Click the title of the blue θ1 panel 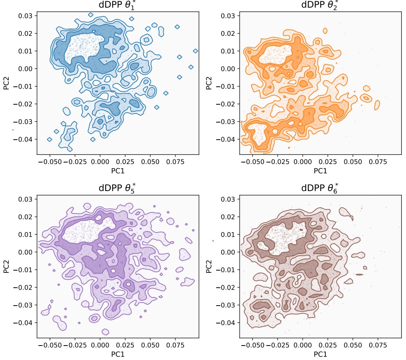pos(117,5)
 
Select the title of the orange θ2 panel pos(320,5)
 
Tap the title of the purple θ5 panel pos(117,188)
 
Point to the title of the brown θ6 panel pos(320,188)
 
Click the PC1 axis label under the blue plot pos(118,171)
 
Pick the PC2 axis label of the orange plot pos(209,83)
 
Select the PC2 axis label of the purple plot pos(6,266)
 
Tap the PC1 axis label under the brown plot pos(320,354)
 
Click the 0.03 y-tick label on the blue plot pos(25,16)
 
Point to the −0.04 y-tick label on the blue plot pos(23,139)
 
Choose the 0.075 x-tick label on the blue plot pos(175,162)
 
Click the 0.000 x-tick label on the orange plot pos(303,162)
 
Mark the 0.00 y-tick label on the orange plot pos(228,69)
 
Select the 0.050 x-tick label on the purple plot pos(150,345)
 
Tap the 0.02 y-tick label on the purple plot pos(25,217)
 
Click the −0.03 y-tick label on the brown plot pos(226,305)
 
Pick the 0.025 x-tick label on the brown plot pos(328,345)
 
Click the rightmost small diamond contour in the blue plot pos(196,51)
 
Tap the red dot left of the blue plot pos(13,130)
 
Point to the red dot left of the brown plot pos(213,241)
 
